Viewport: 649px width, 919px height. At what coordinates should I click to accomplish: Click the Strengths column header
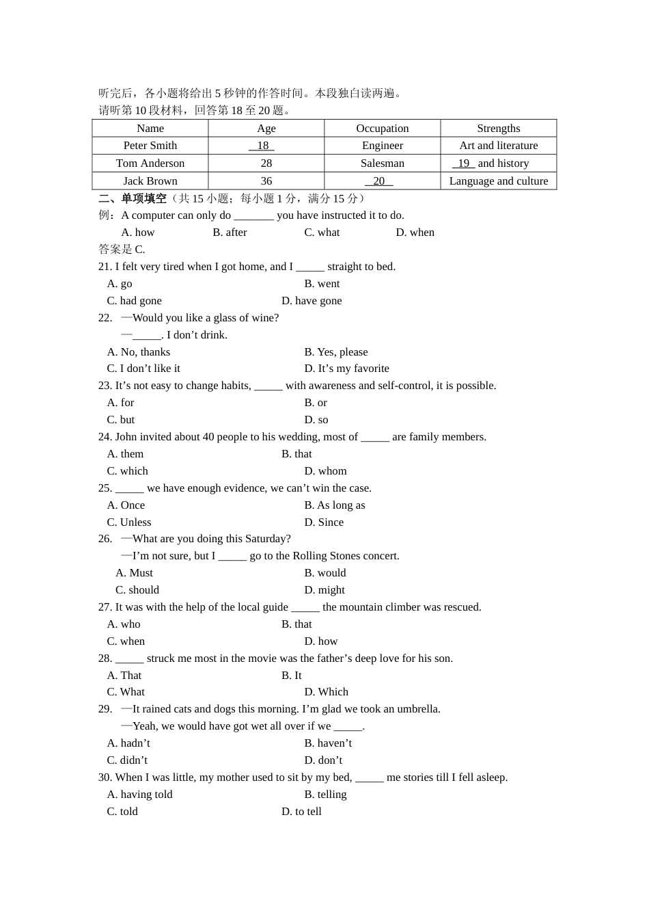[498, 129]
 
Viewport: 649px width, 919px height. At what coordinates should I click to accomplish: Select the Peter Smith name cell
[150, 146]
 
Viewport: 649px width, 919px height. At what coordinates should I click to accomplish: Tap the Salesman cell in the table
[383, 163]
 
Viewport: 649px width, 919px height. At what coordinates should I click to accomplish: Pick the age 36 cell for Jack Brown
[266, 181]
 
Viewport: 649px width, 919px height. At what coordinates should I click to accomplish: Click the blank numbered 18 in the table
[262, 146]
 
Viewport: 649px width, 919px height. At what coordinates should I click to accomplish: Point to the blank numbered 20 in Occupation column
[379, 181]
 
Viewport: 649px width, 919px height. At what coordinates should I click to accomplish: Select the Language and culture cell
[498, 181]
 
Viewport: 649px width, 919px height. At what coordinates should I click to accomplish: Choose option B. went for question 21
[322, 284]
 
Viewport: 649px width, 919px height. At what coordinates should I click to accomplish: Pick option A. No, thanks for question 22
[139, 352]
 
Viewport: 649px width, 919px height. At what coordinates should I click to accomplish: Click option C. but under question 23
[121, 420]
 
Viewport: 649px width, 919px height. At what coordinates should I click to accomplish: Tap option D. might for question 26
[324, 590]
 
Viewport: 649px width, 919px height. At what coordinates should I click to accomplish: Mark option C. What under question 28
[126, 692]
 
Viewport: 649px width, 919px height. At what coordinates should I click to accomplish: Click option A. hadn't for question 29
[128, 743]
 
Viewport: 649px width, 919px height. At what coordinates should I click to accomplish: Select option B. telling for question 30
[325, 795]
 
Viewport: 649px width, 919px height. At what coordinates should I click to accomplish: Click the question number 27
[105, 607]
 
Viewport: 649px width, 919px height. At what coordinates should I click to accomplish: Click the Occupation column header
[383, 129]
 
